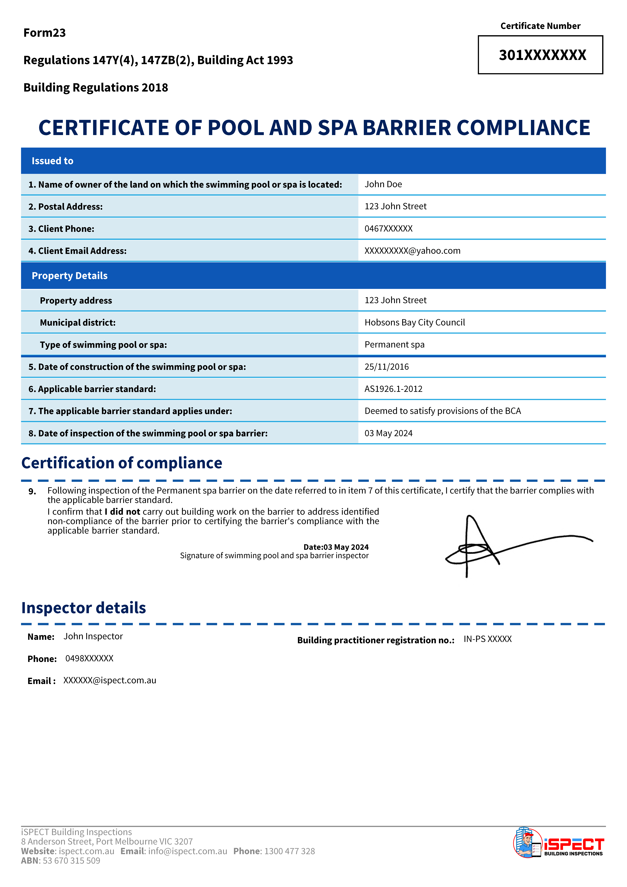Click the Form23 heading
click(44, 33)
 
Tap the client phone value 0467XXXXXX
click(388, 229)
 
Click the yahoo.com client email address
click(412, 251)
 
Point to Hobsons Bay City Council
click(415, 323)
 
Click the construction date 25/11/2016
click(386, 367)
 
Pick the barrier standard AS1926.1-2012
click(393, 389)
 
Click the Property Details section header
click(69, 276)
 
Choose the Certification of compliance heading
click(122, 463)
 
